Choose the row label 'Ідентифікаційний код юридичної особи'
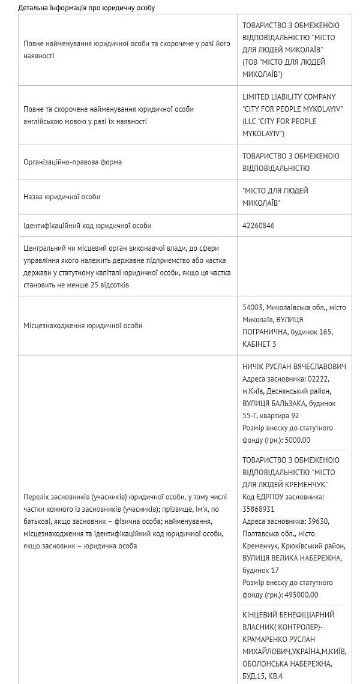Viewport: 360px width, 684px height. coord(87,226)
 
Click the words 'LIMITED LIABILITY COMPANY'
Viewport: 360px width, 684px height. coord(289,97)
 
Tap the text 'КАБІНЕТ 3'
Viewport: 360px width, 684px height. coord(260,344)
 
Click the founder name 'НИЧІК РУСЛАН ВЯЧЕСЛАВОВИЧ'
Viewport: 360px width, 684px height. coord(294,367)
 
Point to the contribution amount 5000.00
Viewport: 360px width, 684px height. coord(298,440)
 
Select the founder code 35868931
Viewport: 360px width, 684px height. coord(259,508)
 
